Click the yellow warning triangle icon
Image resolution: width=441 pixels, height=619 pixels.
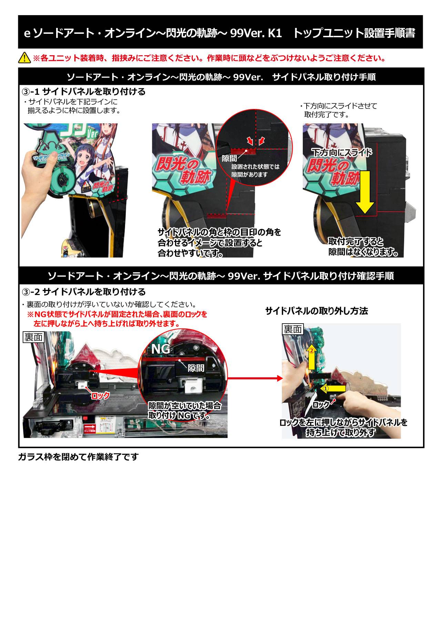[x=24, y=58]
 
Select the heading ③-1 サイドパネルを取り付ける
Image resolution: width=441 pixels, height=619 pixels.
[x=84, y=92]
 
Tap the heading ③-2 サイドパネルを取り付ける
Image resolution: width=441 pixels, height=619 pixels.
[x=84, y=292]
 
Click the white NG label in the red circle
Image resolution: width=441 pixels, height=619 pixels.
[x=161, y=349]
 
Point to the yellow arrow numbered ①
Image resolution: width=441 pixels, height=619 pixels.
[x=333, y=388]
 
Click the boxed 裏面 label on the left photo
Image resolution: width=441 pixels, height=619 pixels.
[x=33, y=337]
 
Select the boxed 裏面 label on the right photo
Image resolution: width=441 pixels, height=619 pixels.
[x=293, y=329]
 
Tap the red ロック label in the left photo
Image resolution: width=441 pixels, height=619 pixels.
[x=100, y=396]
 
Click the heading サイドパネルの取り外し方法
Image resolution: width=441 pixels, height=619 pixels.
[x=317, y=311]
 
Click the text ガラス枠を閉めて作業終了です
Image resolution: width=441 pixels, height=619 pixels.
[x=78, y=457]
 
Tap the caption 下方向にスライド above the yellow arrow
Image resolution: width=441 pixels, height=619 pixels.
[x=342, y=152]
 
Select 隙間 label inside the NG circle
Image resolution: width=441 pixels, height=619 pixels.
[x=196, y=368]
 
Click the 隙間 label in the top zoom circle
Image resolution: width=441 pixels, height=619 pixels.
[x=229, y=158]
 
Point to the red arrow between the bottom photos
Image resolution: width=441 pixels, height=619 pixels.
[x=255, y=378]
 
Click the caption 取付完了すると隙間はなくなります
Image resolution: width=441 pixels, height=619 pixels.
[x=363, y=247]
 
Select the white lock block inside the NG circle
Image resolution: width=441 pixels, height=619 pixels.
[x=194, y=387]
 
